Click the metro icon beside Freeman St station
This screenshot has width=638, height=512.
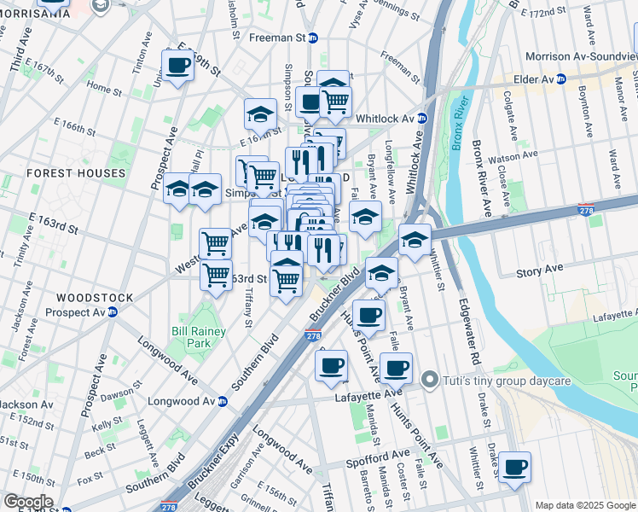(313, 38)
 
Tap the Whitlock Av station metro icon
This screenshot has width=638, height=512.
(420, 119)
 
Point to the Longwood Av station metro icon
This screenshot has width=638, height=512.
(223, 401)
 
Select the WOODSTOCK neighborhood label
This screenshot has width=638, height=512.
(94, 298)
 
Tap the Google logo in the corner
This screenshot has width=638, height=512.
(27, 502)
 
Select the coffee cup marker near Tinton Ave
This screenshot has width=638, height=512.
(178, 65)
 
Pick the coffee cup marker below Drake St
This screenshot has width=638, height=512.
(515, 468)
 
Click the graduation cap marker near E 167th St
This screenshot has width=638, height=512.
(260, 113)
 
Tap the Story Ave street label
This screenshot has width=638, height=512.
(540, 272)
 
